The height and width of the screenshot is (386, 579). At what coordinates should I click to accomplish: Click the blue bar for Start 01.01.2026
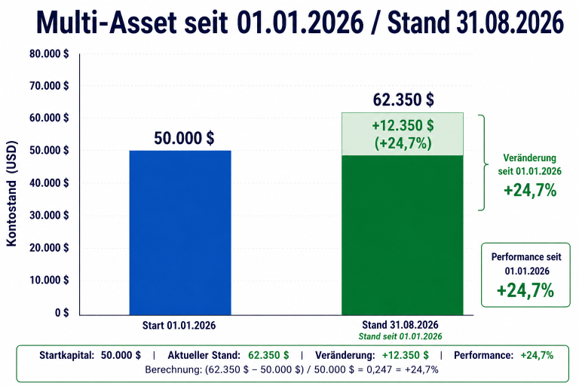tap(180, 233)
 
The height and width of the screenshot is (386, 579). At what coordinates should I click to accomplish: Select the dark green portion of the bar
tap(403, 235)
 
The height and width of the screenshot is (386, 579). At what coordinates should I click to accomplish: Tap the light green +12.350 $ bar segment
tap(403, 133)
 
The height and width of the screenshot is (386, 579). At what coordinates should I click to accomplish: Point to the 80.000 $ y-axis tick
tap(49, 54)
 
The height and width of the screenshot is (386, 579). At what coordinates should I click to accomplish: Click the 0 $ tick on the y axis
tap(62, 313)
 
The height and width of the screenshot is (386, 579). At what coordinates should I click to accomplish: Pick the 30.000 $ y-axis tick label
tap(49, 216)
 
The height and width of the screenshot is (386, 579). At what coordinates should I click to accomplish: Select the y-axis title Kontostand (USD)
tap(12, 193)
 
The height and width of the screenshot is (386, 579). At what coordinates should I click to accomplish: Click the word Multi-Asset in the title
tap(107, 23)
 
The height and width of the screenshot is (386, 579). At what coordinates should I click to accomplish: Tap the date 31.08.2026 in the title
tap(510, 23)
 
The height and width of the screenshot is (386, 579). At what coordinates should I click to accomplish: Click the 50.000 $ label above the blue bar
tap(184, 138)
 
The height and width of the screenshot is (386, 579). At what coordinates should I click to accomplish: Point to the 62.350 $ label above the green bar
tap(403, 100)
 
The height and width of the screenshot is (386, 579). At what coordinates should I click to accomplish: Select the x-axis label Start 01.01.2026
tap(179, 326)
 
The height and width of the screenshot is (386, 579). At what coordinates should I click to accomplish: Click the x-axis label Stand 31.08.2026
tap(400, 325)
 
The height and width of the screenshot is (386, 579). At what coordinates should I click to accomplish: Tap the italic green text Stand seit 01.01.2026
tap(400, 336)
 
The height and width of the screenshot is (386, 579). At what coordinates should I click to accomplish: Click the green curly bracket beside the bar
tap(483, 163)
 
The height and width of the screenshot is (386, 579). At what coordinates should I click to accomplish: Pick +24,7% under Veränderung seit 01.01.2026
tap(530, 191)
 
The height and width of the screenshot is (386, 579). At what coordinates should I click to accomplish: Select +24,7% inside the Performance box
tap(525, 290)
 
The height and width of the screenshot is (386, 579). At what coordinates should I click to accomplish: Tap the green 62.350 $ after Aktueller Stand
tap(268, 355)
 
